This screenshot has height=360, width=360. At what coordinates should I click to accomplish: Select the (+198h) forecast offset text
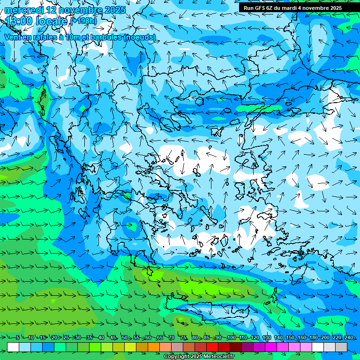83,21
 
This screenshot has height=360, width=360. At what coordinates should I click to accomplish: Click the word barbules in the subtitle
103,37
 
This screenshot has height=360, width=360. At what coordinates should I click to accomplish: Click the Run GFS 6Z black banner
299,8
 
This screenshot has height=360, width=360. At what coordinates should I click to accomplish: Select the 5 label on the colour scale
17,338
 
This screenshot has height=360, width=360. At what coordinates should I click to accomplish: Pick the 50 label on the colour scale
124,338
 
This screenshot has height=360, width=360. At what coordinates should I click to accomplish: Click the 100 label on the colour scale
231,338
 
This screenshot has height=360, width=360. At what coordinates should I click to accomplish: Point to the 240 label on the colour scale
349,338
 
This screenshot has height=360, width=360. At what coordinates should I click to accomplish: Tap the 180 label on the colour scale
313,338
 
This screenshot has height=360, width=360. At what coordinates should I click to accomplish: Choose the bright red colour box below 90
212,347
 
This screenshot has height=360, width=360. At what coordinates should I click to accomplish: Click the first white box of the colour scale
13,347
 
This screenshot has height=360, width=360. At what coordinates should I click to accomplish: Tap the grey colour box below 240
341,347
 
